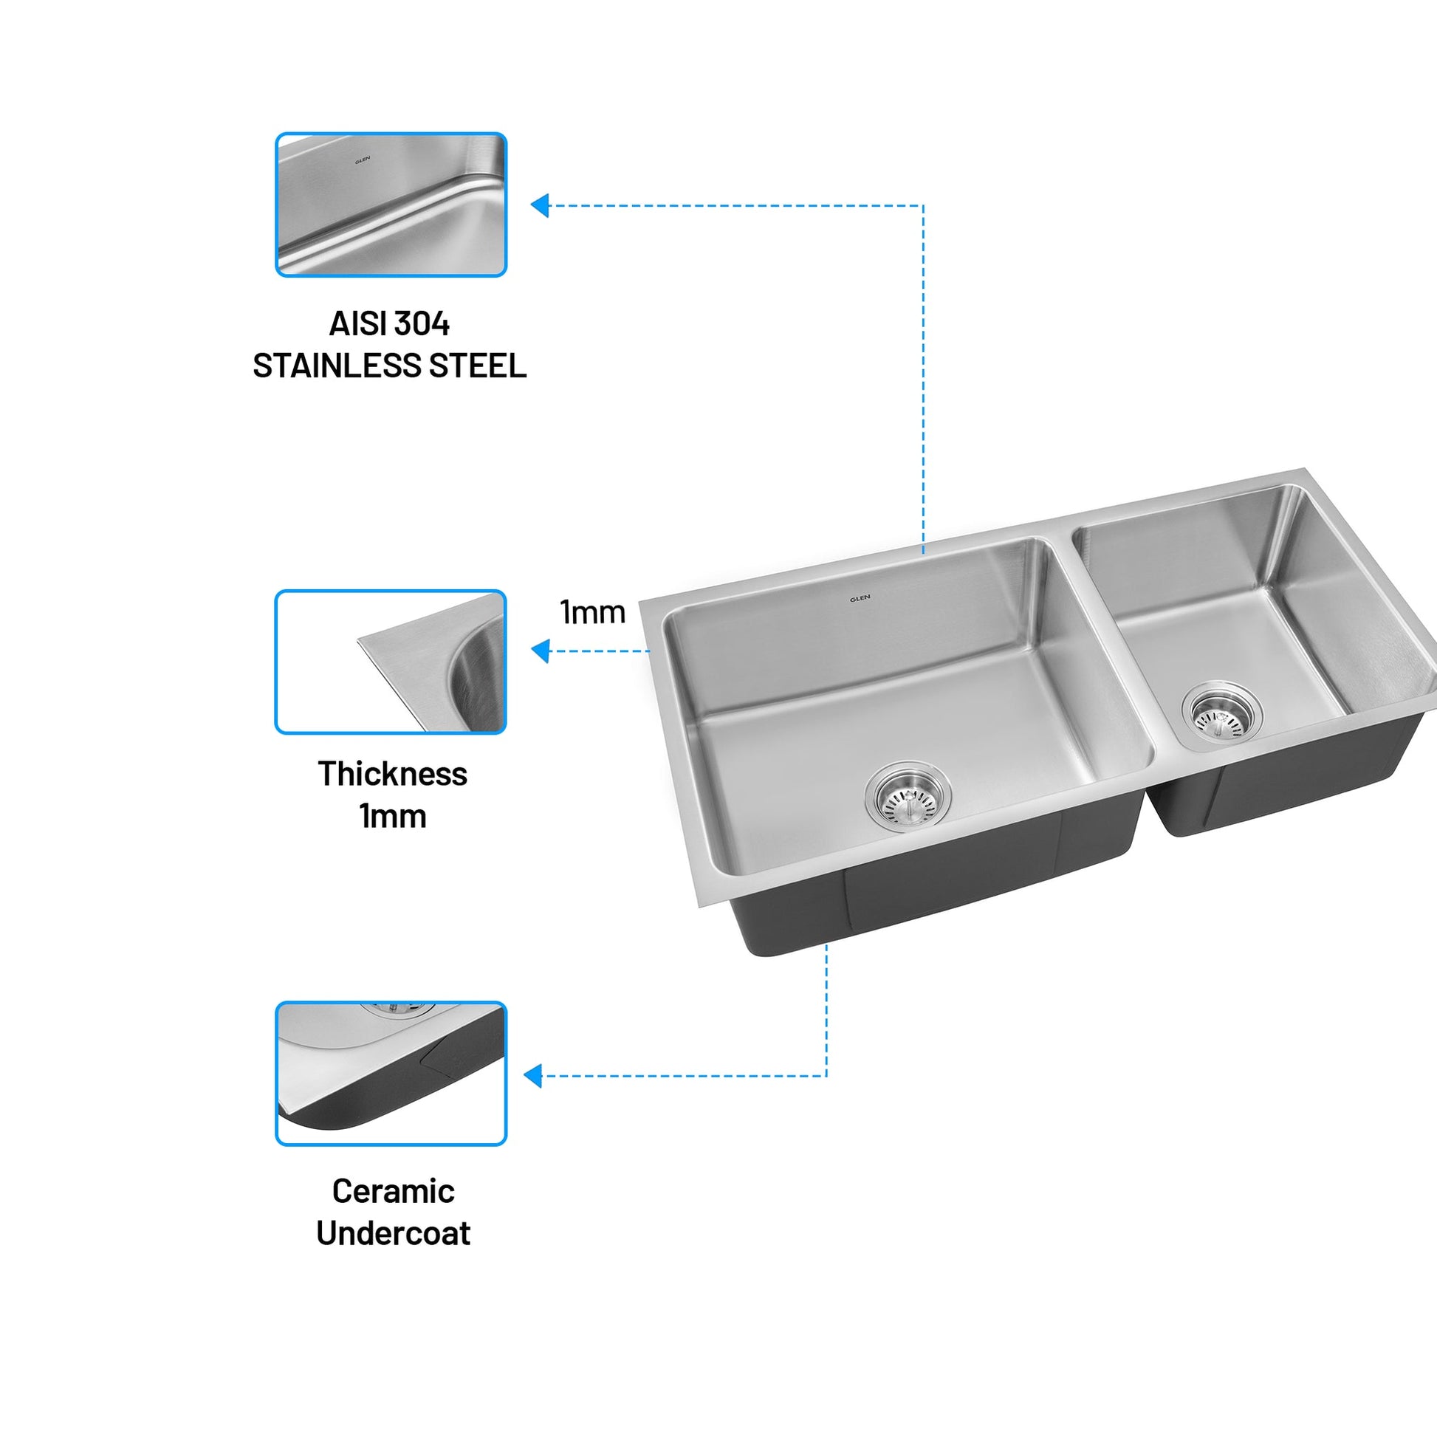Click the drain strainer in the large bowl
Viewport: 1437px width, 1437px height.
908,797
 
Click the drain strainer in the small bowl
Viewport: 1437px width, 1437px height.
1221,712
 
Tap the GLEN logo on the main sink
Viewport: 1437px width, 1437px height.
860,598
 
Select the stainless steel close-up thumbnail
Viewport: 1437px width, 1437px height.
391,205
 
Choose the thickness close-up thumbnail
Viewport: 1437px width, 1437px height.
391,662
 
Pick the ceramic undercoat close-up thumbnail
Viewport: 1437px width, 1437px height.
391,1073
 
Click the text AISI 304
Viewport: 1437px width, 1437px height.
390,323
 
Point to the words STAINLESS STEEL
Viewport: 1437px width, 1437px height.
390,366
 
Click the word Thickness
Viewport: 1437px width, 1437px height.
393,775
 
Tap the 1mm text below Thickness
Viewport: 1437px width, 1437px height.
393,817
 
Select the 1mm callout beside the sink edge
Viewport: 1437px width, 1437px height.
592,612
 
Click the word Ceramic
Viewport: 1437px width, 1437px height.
394,1192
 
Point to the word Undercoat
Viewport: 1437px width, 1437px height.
394,1234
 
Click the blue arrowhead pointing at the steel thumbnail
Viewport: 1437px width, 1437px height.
540,205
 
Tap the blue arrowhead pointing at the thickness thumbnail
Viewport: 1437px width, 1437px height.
540,651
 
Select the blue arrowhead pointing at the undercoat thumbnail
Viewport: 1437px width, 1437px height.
532,1075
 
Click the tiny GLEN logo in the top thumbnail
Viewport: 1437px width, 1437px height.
363,159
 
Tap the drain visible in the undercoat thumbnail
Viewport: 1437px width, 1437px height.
398,1008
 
